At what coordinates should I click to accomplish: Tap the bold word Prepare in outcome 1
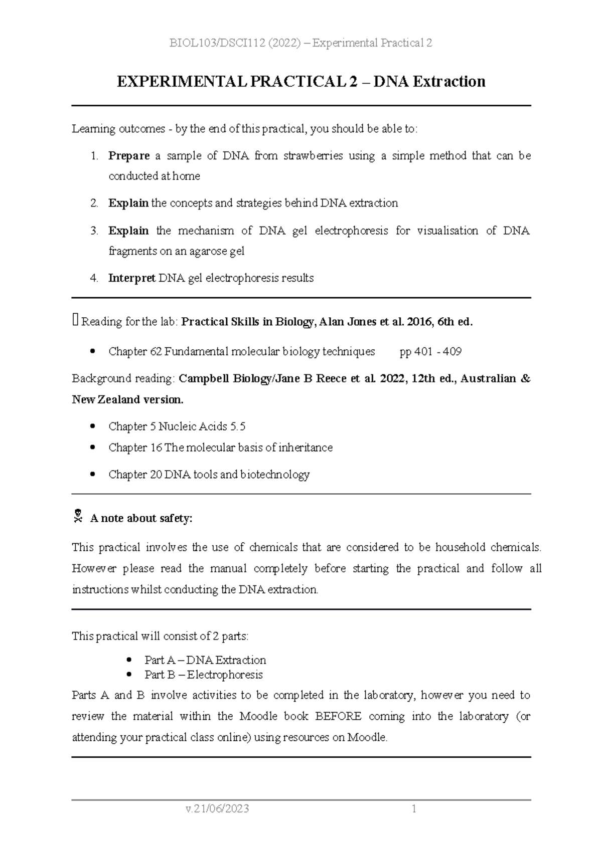(x=129, y=156)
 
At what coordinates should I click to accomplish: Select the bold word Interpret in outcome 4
(x=131, y=278)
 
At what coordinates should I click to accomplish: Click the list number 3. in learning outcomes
(x=94, y=231)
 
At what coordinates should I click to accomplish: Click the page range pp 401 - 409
(x=430, y=352)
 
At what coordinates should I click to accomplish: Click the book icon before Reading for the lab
(x=75, y=320)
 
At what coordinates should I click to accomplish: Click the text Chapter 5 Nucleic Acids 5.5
(x=177, y=427)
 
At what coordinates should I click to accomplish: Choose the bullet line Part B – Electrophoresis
(x=203, y=675)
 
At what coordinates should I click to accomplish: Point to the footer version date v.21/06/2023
(x=217, y=809)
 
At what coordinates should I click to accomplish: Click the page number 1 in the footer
(x=414, y=809)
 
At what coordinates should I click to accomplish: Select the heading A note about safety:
(x=141, y=519)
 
